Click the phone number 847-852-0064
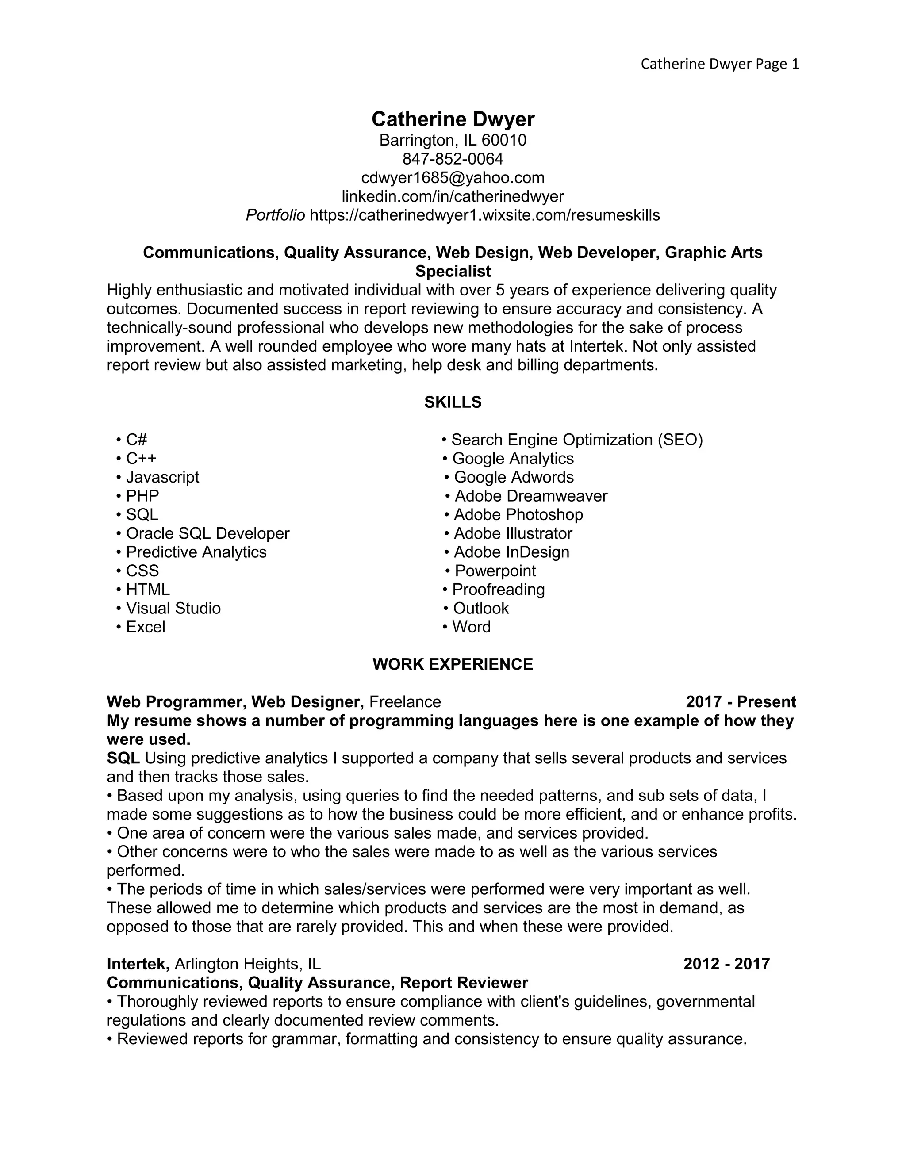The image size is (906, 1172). pos(453,159)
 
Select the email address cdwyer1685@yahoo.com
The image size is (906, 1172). pos(453,178)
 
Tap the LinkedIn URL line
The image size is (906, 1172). pos(453,196)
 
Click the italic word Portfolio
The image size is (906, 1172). pos(275,215)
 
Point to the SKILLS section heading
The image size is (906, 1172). pos(453,402)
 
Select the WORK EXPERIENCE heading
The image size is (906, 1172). pos(453,664)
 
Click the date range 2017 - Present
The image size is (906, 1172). pos(741,702)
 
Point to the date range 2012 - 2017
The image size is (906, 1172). pos(726,964)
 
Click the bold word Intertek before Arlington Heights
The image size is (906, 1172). pos(138,964)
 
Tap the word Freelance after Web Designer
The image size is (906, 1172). pos(405,702)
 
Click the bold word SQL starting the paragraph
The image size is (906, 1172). pos(123,758)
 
